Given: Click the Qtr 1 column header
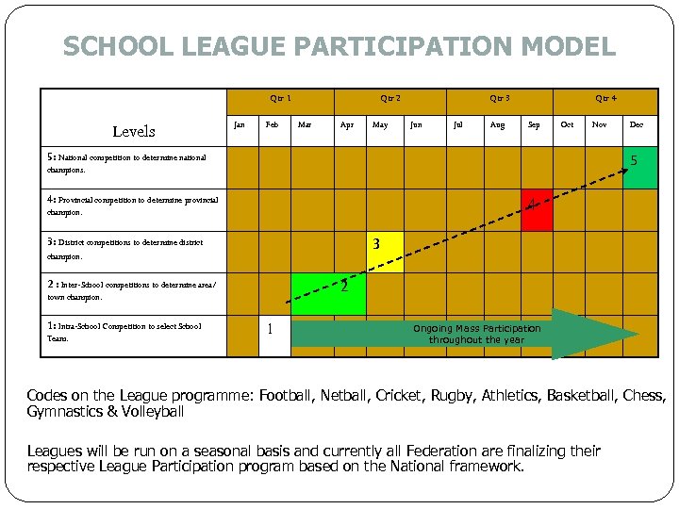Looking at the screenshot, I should tap(280, 98).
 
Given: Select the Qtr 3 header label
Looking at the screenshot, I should tap(500, 98).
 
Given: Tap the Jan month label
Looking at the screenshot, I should tap(240, 123).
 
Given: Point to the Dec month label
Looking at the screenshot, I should tap(637, 123).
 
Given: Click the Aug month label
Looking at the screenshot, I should tap(496, 123).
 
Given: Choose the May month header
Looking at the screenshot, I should tap(380, 123).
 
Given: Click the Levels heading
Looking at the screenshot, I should tap(133, 131).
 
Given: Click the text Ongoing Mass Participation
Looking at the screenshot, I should tap(477, 328).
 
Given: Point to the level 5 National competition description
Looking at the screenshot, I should tap(126, 164).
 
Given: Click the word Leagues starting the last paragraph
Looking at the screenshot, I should tap(55, 452).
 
